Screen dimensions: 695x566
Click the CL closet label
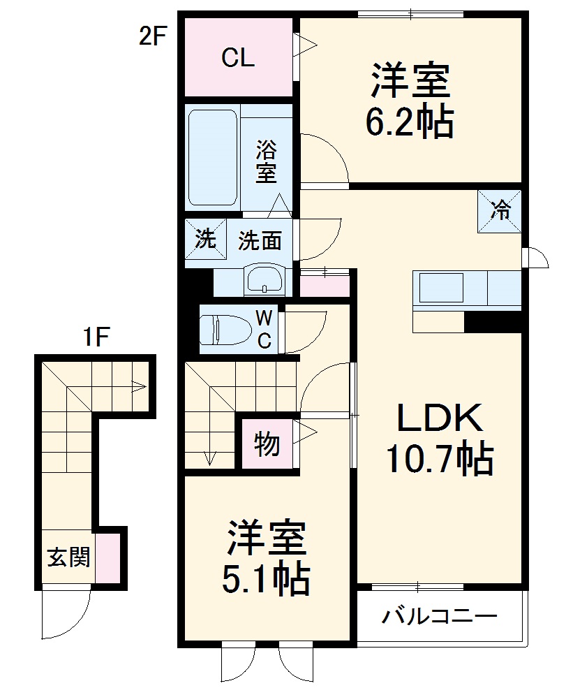[x=238, y=58]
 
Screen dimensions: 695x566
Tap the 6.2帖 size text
[x=410, y=123]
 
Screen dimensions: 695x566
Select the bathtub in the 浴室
[x=213, y=157]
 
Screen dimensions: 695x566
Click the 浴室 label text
[x=266, y=161]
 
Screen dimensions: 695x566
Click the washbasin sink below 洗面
[x=265, y=281]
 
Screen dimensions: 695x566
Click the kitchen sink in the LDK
[x=440, y=288]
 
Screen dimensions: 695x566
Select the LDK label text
[x=440, y=420]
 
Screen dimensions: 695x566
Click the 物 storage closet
[x=267, y=444]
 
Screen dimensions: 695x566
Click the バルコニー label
[x=440, y=617]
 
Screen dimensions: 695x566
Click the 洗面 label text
[x=260, y=242]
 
